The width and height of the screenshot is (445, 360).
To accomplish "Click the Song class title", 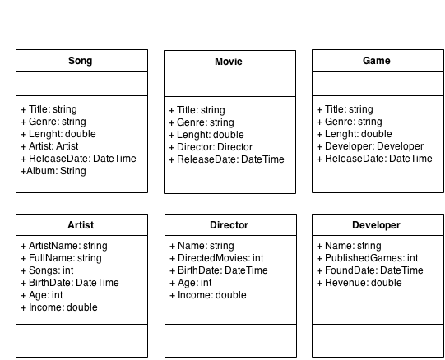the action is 81,61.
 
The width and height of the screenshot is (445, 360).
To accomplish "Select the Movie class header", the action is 229,62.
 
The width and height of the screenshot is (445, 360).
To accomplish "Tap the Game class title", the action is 377,61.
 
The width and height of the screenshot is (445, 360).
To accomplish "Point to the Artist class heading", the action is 81,225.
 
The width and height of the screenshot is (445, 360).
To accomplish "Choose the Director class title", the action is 229,225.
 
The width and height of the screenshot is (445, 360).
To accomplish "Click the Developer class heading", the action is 376,225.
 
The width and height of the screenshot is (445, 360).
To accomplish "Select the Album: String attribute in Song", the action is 53,171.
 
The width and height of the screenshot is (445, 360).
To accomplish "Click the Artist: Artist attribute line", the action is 49,146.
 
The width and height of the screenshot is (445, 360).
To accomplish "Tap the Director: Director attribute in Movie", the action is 211,147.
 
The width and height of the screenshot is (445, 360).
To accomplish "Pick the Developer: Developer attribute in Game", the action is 370,146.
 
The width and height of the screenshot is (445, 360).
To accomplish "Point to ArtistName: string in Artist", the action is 64,246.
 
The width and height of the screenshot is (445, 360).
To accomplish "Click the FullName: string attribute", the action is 62,258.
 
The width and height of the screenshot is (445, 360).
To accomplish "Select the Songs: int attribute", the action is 47,270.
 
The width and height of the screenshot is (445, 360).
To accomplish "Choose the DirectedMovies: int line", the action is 216,258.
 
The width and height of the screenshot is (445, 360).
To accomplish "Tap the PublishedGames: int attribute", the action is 368,258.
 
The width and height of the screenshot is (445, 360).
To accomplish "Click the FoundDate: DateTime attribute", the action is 370,270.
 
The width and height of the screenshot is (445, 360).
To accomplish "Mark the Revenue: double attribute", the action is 359,283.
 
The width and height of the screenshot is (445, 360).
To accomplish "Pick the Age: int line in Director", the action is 191,283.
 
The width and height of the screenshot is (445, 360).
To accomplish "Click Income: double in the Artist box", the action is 59,307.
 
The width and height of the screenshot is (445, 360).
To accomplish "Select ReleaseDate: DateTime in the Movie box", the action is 226,159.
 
